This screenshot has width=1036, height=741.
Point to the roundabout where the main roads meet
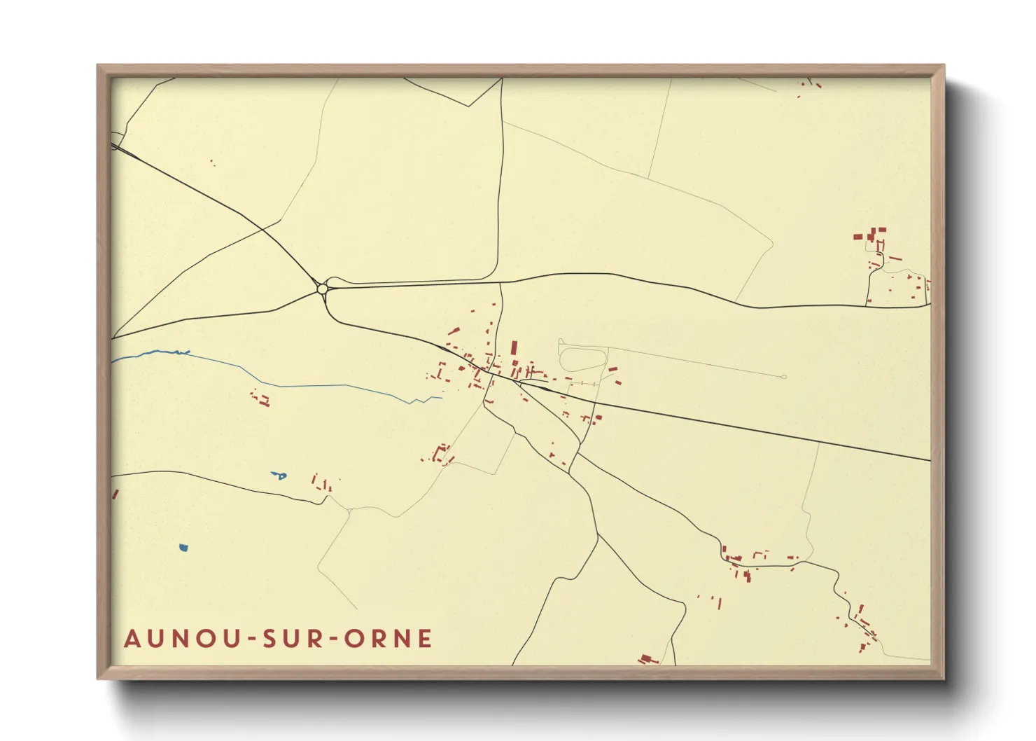322,288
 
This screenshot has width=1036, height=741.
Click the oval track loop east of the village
582,359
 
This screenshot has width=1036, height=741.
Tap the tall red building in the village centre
514,348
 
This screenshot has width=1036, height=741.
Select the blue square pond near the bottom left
183,548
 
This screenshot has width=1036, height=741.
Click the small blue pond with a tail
279,476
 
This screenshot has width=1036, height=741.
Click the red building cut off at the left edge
115,494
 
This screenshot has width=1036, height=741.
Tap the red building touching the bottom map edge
647,659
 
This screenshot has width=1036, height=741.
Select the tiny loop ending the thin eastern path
784,377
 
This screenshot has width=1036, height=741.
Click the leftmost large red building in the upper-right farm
857,237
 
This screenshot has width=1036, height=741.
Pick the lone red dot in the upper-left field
212,162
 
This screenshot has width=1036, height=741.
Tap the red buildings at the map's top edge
812,84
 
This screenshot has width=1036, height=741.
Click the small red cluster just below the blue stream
261,399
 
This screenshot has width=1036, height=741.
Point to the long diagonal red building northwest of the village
454,331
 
